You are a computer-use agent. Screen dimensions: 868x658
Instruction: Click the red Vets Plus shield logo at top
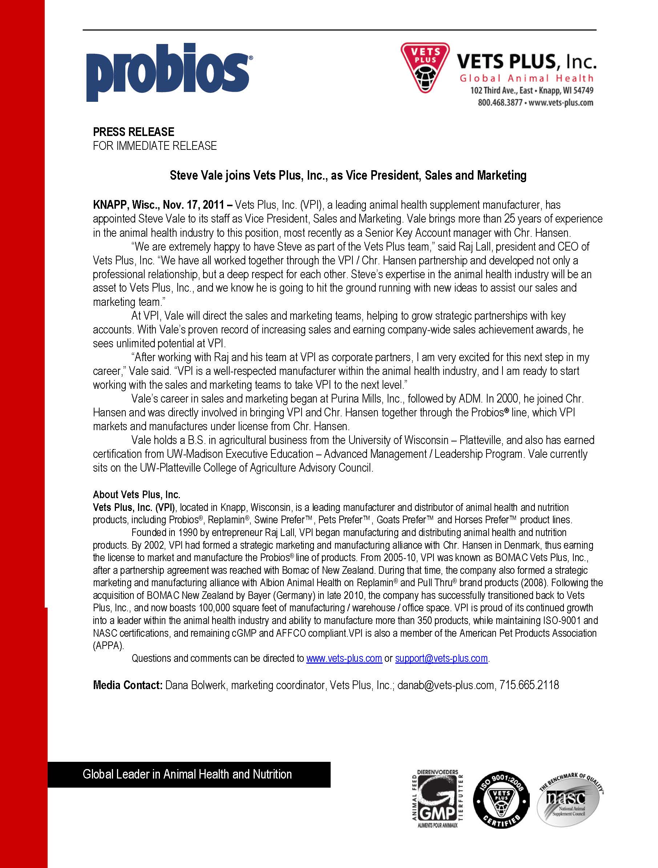click(425, 68)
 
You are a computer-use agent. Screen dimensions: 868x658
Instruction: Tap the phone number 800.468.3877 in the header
click(500, 103)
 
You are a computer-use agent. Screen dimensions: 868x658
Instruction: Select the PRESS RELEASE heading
click(133, 132)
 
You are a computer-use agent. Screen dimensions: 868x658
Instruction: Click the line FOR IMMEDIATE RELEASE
click(154, 146)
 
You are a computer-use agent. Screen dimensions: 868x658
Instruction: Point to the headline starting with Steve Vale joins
click(348, 175)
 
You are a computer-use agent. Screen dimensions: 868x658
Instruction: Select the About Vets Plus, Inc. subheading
click(137, 495)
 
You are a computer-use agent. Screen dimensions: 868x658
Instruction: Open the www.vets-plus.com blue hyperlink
click(344, 658)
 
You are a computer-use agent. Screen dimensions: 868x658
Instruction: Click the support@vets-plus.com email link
click(441, 658)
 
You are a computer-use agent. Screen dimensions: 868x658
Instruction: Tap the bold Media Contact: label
click(128, 685)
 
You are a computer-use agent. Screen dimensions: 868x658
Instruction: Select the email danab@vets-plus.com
click(446, 685)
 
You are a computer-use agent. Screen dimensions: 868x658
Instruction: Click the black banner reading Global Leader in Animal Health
click(188, 774)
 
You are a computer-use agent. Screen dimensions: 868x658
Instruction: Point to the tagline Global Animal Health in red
click(526, 78)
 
